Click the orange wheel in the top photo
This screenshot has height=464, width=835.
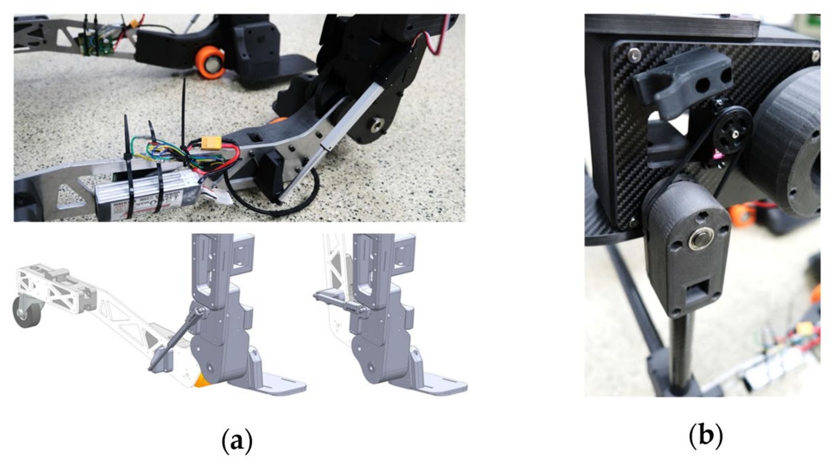210,63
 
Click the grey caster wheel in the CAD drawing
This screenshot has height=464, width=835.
26,312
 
